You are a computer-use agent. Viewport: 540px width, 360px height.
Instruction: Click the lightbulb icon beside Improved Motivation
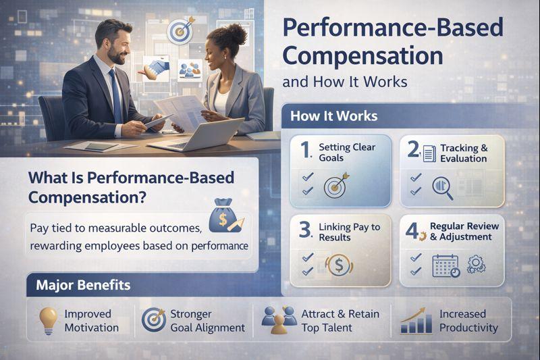click(48, 320)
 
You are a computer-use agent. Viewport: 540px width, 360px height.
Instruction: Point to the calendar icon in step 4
click(446, 266)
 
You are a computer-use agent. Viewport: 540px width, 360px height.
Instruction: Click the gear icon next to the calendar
click(477, 264)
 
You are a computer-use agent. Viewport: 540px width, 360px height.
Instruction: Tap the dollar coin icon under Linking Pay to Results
click(339, 265)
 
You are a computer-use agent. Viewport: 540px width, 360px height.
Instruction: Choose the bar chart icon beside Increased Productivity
click(416, 321)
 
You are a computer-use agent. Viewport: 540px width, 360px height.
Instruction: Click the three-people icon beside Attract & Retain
click(279, 320)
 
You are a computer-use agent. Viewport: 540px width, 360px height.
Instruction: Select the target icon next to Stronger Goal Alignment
click(153, 319)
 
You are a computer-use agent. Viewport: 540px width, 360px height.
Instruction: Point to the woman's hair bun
click(237, 33)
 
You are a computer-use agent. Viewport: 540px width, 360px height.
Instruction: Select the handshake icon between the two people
click(156, 69)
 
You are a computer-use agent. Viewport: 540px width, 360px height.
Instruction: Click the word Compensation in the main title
click(362, 57)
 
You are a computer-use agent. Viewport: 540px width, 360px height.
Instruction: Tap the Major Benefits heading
click(83, 285)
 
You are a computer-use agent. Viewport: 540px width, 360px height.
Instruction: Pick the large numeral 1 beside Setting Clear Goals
click(306, 150)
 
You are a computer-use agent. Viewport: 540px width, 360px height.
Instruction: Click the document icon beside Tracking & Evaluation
click(429, 153)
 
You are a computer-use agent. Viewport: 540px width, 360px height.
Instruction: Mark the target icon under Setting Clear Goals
click(335, 186)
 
